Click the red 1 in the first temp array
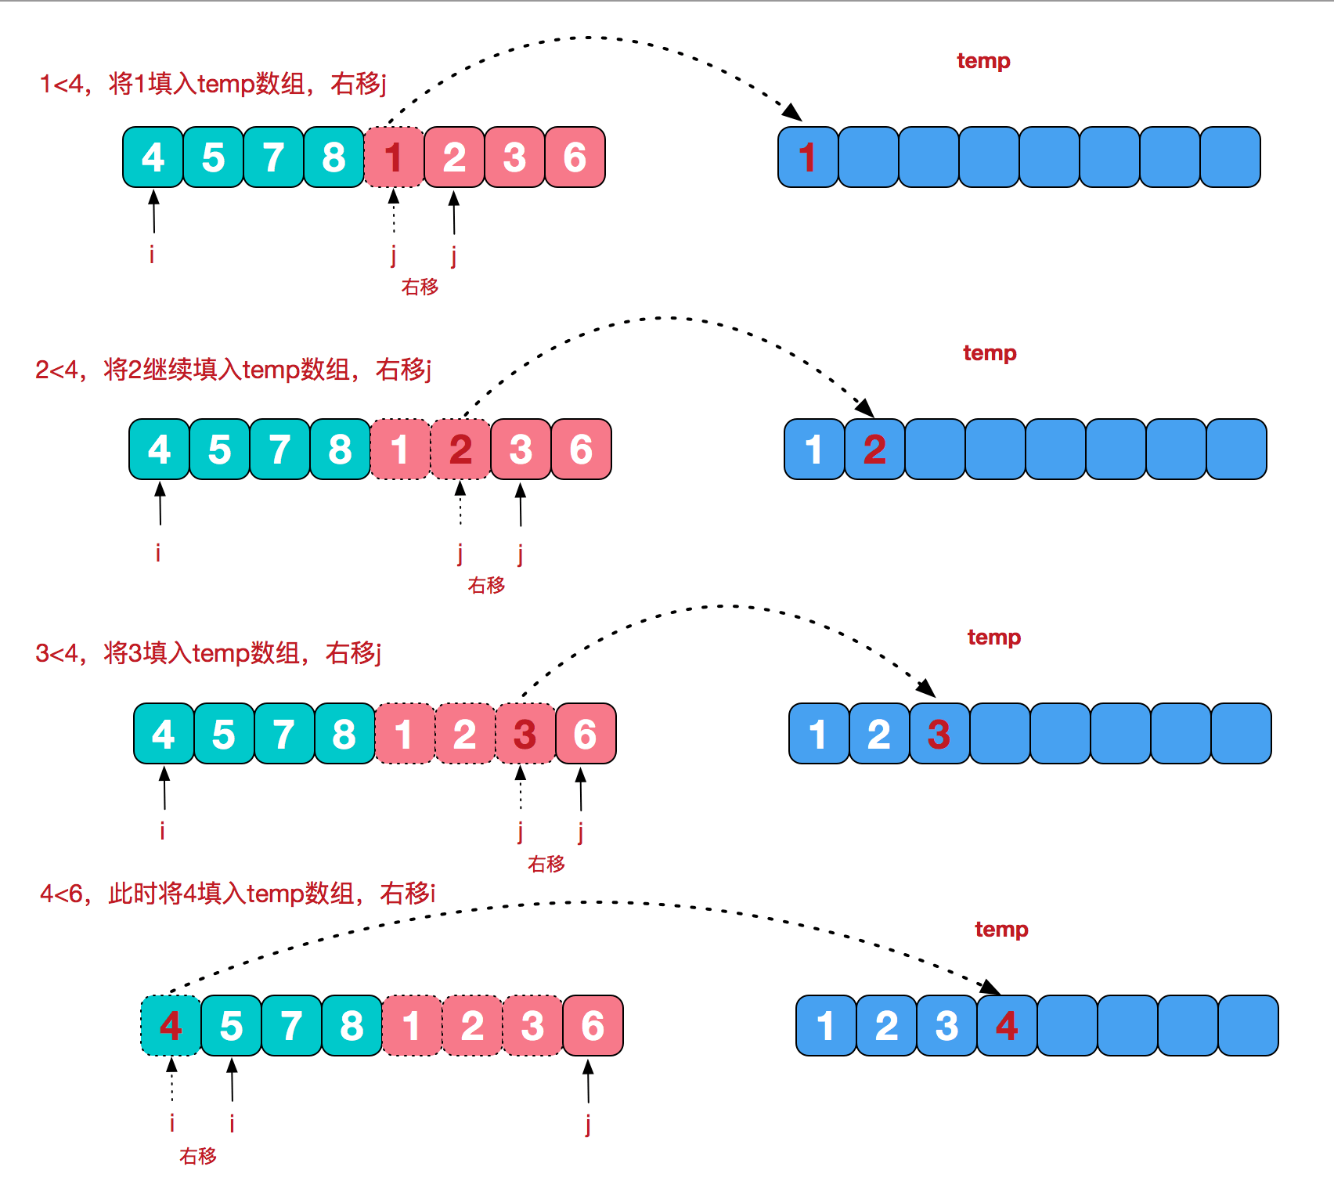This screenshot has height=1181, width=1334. pyautogui.click(x=808, y=157)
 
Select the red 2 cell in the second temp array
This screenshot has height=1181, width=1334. pyautogui.click(x=874, y=450)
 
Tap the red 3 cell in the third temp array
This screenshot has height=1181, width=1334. pyautogui.click(x=939, y=734)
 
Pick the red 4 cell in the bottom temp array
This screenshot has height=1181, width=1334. pyautogui.click(x=1007, y=1026)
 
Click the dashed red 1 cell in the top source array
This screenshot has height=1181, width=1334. pyautogui.click(x=394, y=157)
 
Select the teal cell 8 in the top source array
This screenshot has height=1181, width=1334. pyautogui.click(x=333, y=157)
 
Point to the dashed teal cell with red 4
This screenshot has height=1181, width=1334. pyautogui.click(x=171, y=1026)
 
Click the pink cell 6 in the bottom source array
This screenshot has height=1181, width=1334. pyautogui.click(x=593, y=1026)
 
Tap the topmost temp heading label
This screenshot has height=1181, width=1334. pyautogui.click(x=983, y=61)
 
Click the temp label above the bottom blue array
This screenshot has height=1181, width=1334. pyautogui.click(x=1001, y=930)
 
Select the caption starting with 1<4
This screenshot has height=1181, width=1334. pyautogui.click(x=213, y=83)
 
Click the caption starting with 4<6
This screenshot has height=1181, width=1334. pyautogui.click(x=237, y=893)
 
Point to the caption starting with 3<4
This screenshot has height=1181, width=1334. pyautogui.click(x=208, y=652)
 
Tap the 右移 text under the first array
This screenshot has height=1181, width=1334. pyautogui.click(x=420, y=287)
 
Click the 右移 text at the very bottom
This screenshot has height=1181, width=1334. pyautogui.click(x=197, y=1156)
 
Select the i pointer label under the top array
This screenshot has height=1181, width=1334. pyautogui.click(x=152, y=255)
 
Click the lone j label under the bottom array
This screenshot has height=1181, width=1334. pyautogui.click(x=588, y=1125)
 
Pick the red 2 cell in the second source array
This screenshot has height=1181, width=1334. pyautogui.click(x=460, y=450)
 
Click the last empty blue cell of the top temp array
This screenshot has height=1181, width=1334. pyautogui.click(x=1230, y=157)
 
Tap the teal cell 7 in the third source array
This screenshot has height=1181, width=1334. pyautogui.click(x=284, y=734)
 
